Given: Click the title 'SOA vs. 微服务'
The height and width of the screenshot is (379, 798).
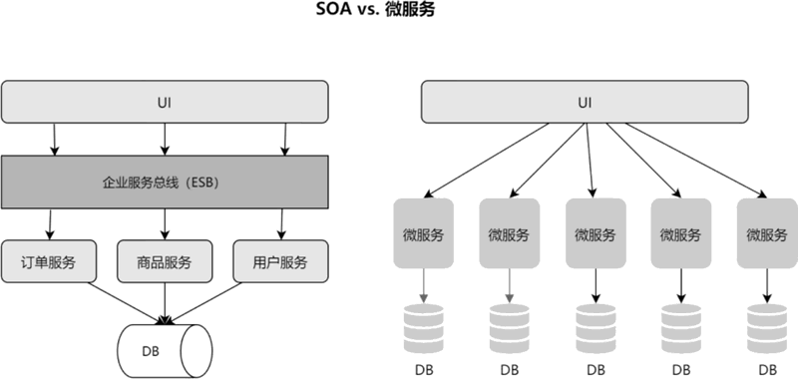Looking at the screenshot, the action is (376, 9).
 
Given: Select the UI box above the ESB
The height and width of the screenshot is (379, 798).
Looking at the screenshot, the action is (165, 102).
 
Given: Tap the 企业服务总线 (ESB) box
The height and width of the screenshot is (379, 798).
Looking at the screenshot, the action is (165, 183).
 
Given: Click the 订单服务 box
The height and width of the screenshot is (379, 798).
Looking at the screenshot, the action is (48, 261).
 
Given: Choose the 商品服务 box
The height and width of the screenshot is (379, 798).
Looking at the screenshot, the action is (165, 261).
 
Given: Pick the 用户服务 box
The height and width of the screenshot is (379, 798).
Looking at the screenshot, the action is (280, 261).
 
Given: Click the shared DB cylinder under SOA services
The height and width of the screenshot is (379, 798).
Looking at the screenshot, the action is (165, 351).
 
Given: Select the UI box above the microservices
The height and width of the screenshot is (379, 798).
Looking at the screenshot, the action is (585, 102).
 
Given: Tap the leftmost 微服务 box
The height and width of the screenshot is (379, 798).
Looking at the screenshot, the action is (423, 233).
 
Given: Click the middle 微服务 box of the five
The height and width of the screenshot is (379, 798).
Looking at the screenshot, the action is (596, 233).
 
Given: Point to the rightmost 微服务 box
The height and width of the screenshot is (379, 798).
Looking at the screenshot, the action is (767, 233).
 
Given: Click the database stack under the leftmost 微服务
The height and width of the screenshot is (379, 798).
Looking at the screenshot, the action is (423, 329).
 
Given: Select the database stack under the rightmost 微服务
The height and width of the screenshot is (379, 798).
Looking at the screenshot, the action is (767, 329).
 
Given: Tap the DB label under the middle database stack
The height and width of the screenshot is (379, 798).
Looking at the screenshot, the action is (596, 369).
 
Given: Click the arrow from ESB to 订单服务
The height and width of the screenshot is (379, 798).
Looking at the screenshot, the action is (50, 224).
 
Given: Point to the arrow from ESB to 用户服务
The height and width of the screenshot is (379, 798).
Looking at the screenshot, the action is (281, 224).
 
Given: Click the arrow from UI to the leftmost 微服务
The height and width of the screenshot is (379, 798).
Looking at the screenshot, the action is (487, 161).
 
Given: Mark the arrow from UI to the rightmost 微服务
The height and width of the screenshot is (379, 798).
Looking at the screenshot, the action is (695, 161).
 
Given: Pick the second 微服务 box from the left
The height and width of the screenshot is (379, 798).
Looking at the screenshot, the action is (510, 233).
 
